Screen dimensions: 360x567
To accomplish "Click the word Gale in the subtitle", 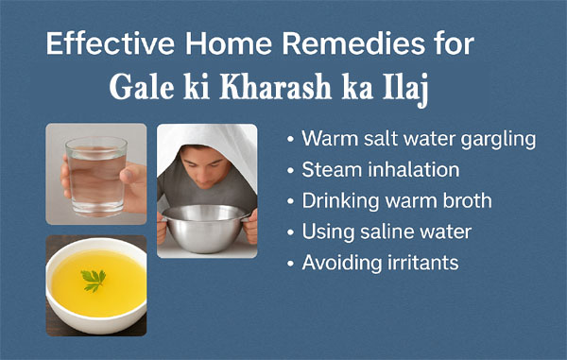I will [x=140, y=92].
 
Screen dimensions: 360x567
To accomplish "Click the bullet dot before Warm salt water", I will [x=289, y=141].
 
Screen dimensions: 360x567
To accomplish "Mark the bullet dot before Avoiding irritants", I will [x=289, y=263].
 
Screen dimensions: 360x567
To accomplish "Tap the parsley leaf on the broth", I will [x=94, y=281].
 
